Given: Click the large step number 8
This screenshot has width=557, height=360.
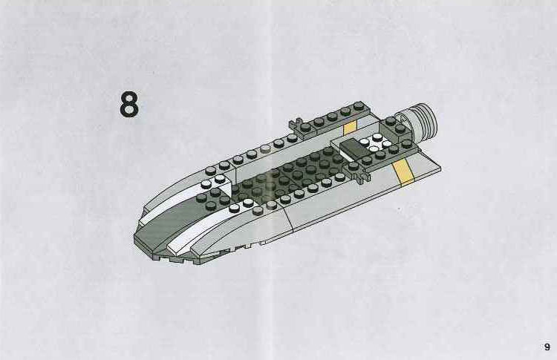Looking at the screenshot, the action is (x=129, y=105).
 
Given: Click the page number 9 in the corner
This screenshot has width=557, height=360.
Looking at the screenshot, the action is (x=547, y=347).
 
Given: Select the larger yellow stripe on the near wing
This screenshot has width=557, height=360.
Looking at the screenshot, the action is (x=403, y=171).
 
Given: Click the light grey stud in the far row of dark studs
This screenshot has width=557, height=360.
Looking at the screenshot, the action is (x=265, y=149).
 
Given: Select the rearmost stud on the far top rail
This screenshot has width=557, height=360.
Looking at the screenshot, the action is (x=359, y=105).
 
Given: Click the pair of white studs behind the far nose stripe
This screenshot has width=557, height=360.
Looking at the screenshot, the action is (x=212, y=181).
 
